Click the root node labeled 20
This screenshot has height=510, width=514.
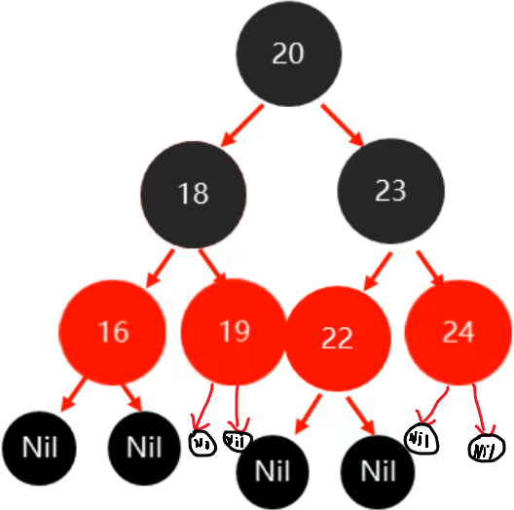click(288, 55)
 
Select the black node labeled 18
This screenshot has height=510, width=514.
click(193, 193)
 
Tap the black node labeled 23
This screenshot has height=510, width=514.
click(390, 191)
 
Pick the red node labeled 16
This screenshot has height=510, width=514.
click(113, 332)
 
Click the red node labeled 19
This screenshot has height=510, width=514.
click(234, 332)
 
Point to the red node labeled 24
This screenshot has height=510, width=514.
click(458, 332)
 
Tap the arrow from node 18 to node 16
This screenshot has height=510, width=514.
click(160, 267)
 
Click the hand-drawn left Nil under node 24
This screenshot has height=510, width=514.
click(422, 439)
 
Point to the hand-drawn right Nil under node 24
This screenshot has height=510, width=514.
click(485, 449)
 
